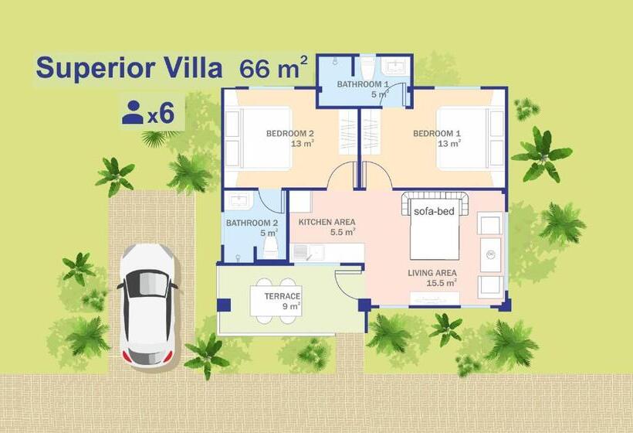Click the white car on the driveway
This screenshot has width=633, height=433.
click(x=147, y=305)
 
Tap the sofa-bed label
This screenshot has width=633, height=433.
click(x=433, y=210)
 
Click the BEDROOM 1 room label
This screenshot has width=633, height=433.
click(x=437, y=134)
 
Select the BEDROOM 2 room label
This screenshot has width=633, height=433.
click(x=289, y=134)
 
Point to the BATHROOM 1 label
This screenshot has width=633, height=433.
click(x=362, y=84)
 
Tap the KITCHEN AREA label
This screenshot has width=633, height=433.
click(x=327, y=223)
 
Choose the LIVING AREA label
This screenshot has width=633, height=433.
click(x=432, y=273)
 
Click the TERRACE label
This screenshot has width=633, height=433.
click(x=282, y=297)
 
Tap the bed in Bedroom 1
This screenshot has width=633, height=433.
click(x=463, y=138)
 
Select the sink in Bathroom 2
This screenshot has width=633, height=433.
click(x=239, y=200)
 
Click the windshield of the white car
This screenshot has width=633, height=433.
click(x=147, y=284)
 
